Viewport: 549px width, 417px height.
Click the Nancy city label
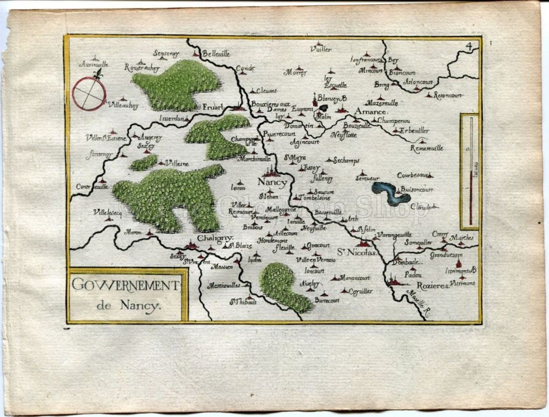tap(272, 182)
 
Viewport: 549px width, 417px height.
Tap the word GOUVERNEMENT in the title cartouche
tap(125, 286)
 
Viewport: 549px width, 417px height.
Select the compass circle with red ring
tap(89, 94)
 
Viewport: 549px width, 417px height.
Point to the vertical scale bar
tap(471, 171)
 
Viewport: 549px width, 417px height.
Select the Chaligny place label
tap(214, 238)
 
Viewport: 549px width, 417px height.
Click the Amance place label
tap(371, 111)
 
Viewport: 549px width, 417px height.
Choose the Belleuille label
tap(216, 53)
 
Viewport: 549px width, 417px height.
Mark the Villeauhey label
tap(124, 105)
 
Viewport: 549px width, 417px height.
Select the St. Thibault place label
tap(243, 301)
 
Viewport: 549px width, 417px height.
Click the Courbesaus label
tap(414, 175)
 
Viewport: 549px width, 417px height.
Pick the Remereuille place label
tap(426, 148)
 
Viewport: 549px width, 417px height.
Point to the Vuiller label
tap(320, 49)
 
